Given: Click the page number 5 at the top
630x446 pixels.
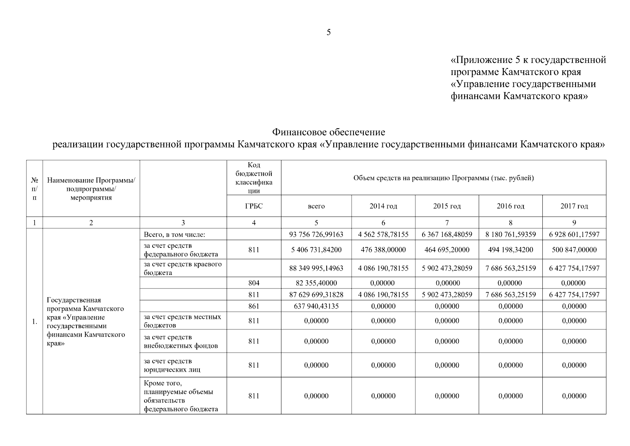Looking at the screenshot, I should [x=329, y=32].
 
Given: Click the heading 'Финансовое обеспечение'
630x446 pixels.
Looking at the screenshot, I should [x=329, y=132].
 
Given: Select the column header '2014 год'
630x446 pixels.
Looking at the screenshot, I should [x=383, y=206].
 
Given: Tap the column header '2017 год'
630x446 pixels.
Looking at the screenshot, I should [x=574, y=206].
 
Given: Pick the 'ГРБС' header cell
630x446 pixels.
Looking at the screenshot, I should [x=254, y=206].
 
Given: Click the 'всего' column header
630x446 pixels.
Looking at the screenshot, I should [x=316, y=206].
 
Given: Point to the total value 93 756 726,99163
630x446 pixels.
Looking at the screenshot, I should [x=316, y=235].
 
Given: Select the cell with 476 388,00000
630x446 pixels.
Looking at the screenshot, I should [x=383, y=250].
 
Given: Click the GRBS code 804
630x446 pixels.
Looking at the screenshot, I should [x=254, y=283].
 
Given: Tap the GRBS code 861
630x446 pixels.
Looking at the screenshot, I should [x=254, y=306].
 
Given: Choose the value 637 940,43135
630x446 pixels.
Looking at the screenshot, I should [x=316, y=306].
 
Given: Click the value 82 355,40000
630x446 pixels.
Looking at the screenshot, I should [x=316, y=283].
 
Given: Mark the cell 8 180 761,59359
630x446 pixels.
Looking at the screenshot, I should [x=510, y=235].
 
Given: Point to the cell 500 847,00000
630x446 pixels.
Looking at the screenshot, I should [x=574, y=250].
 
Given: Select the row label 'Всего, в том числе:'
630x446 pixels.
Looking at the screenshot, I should [x=174, y=235].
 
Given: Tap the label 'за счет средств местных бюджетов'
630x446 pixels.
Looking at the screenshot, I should [x=182, y=321].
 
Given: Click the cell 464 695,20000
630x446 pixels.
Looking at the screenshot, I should [x=447, y=250].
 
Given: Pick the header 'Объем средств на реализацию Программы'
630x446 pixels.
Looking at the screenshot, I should [x=443, y=178].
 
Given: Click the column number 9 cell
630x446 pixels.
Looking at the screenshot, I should [x=574, y=223].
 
